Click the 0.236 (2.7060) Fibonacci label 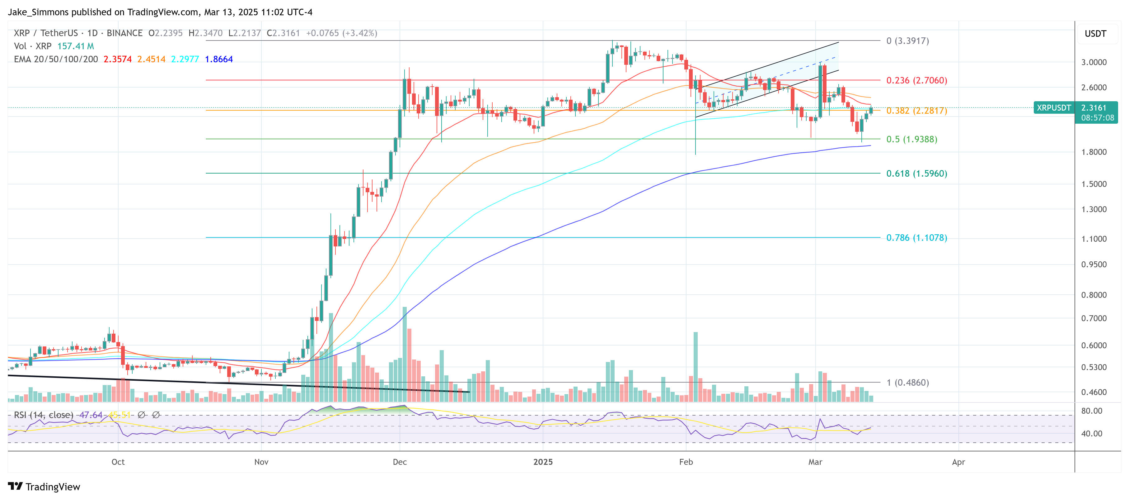coord(916,80)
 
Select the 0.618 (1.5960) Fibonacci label coord(916,173)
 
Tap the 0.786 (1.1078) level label coord(916,237)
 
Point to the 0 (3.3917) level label coord(907,41)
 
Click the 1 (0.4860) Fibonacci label coord(907,383)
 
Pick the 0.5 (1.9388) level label coord(911,139)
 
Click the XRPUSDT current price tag coord(1054,108)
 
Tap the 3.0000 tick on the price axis coord(1094,62)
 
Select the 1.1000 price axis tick coord(1094,239)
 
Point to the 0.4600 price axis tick coord(1094,392)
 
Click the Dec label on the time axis coord(400,462)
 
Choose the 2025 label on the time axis coord(543,462)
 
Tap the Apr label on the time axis coord(958,462)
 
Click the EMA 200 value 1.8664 coord(219,59)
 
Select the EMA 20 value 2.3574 coord(117,59)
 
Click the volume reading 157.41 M coord(75,46)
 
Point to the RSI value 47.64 coord(91,415)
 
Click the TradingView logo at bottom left coord(44,487)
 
